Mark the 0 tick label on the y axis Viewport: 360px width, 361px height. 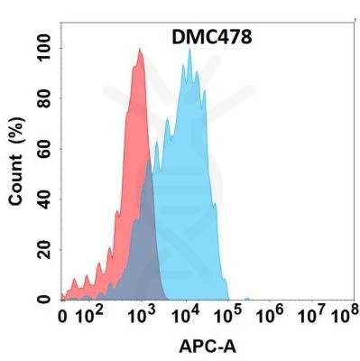(x=43, y=299)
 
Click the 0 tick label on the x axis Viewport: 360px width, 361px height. (x=62, y=317)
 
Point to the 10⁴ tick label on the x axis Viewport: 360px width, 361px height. (x=186, y=316)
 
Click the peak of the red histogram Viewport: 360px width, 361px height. (x=139, y=50)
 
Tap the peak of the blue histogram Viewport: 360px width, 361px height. (x=189, y=50)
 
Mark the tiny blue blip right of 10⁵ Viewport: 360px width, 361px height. (x=247, y=297)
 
